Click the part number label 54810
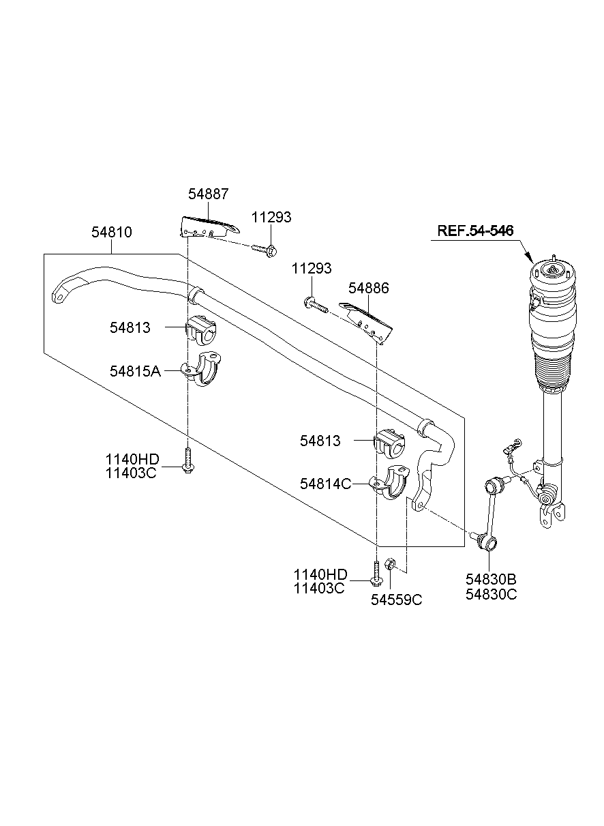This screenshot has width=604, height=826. tap(112, 233)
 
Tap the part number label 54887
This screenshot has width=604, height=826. tap(209, 194)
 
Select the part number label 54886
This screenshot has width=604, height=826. tap(368, 289)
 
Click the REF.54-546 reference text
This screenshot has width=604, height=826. tap(475, 231)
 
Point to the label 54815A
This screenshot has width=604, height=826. tap(135, 371)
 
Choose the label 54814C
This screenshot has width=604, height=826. tap(325, 484)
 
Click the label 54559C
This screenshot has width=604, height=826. tap(396, 600)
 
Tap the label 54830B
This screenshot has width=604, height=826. tap(491, 579)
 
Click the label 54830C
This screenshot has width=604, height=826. tap(491, 594)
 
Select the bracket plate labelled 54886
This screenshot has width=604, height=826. tap(369, 321)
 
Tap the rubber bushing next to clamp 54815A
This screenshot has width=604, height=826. tap(200, 330)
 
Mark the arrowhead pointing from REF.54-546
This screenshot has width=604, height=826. tap(531, 259)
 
